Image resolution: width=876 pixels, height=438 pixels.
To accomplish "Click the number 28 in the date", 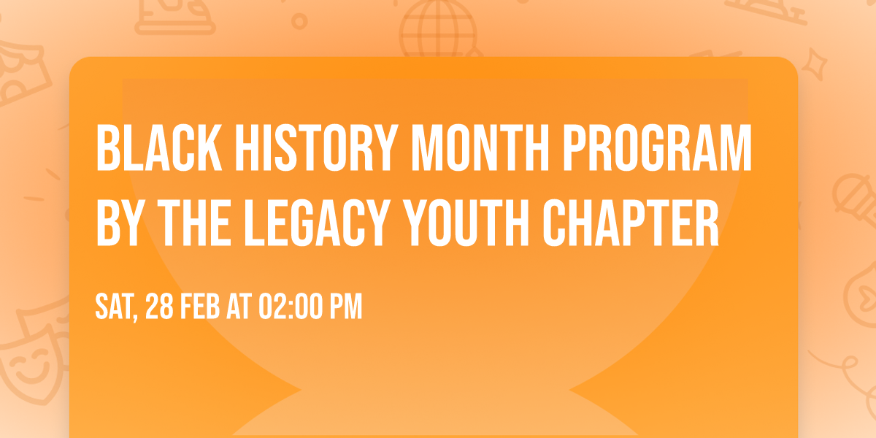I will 161,307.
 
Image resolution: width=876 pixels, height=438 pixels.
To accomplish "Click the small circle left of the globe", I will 299,21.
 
